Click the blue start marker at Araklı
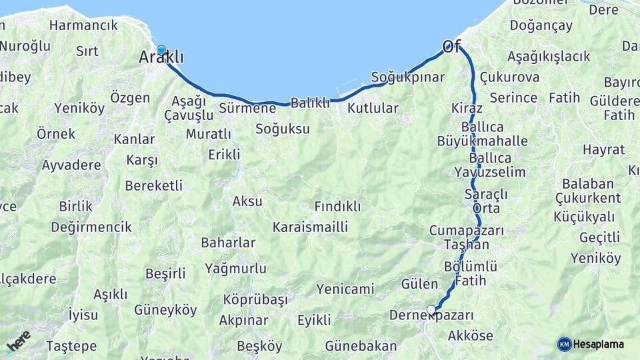pos(161,50)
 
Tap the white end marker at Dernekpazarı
pos(431,309)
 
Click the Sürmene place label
pos(247,107)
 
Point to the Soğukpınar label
pos(407,77)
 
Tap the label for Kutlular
pos(373,108)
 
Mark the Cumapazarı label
pos(466,230)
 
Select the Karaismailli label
pos(310,227)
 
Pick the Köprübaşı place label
pos(255,299)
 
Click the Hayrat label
pos(603,149)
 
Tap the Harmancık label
pos(83,25)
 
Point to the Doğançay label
pos(541,26)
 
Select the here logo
pos(18,342)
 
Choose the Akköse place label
pos(471,335)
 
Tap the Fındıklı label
pos(337,207)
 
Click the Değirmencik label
pos(91,227)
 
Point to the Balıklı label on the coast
pos(311,103)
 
